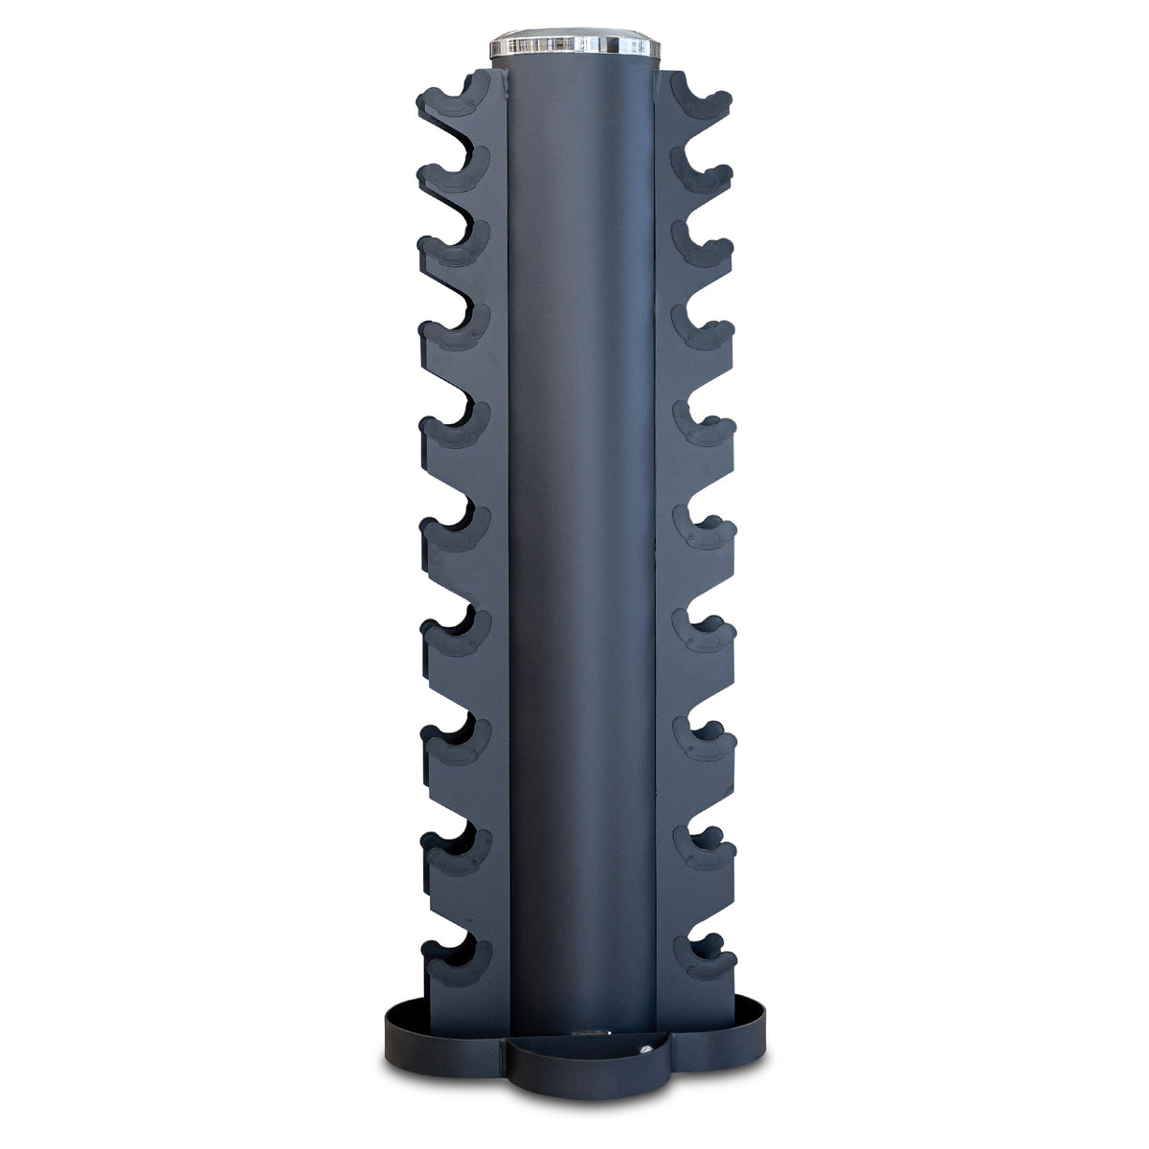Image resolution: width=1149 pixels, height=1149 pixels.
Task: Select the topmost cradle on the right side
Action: pos(700,101)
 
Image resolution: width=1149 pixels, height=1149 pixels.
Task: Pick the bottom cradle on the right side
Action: pos(704,957)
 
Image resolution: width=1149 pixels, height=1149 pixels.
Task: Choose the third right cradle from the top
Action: pos(702,249)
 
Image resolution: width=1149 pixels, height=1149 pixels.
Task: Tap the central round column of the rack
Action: pos(579,536)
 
